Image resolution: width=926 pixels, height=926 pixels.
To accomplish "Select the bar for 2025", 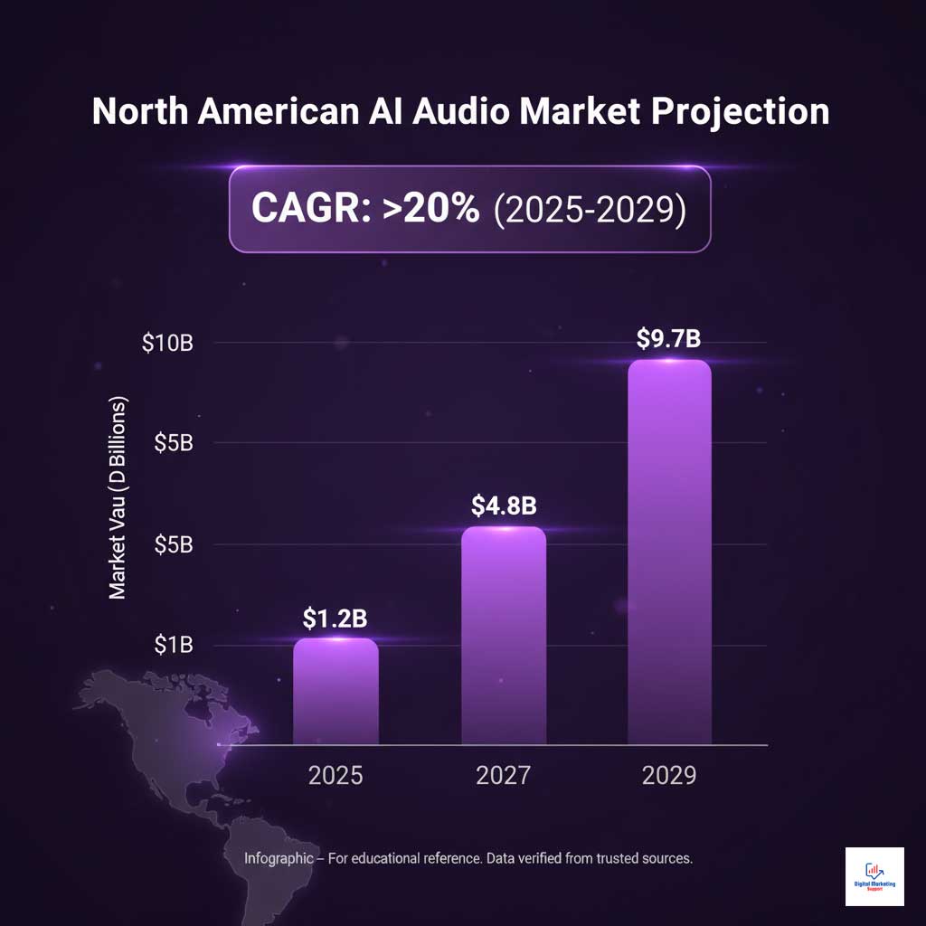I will pos(335,692).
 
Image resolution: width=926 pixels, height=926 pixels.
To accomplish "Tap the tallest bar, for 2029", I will pos(669,553).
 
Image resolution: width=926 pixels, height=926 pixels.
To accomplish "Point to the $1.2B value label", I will pos(335,619).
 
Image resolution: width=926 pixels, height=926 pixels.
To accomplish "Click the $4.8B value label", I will pos(504,506).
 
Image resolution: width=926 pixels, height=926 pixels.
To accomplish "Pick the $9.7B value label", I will pos(669,339).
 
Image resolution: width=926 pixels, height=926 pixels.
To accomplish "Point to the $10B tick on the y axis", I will pos(168,344).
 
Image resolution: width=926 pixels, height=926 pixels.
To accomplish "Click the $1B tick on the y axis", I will pos(174,645).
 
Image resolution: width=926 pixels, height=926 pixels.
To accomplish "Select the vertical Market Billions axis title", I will pos(118,497).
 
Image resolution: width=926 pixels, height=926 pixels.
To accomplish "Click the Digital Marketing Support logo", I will pos(874,876).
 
